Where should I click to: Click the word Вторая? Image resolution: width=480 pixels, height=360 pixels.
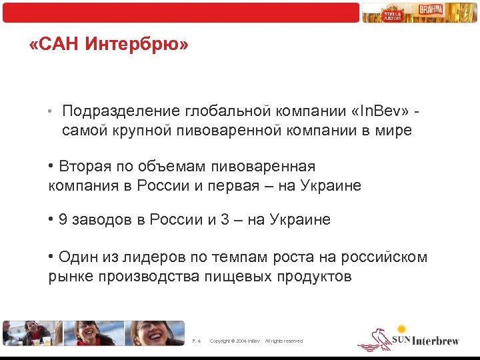[x=85, y=166]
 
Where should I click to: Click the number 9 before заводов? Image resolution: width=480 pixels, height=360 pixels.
[x=63, y=220]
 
